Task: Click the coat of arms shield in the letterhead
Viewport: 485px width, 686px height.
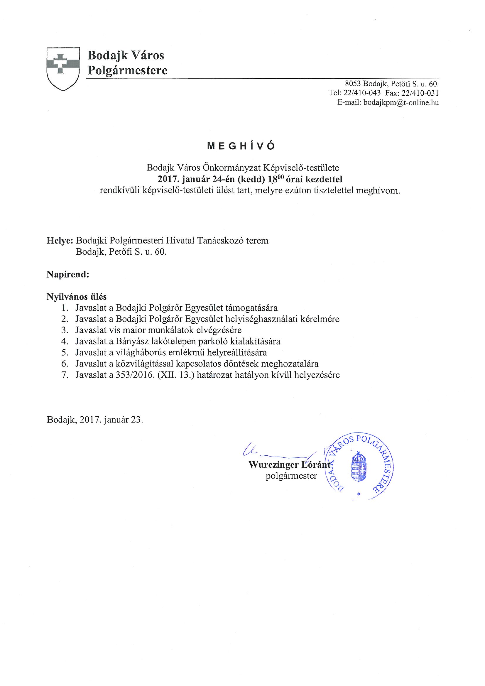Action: pyautogui.click(x=63, y=69)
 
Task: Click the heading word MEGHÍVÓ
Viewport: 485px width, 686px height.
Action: pyautogui.click(x=241, y=146)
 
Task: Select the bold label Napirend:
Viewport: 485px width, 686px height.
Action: pyautogui.click(x=68, y=275)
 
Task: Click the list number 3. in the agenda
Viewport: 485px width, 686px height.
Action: pyautogui.click(x=65, y=330)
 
